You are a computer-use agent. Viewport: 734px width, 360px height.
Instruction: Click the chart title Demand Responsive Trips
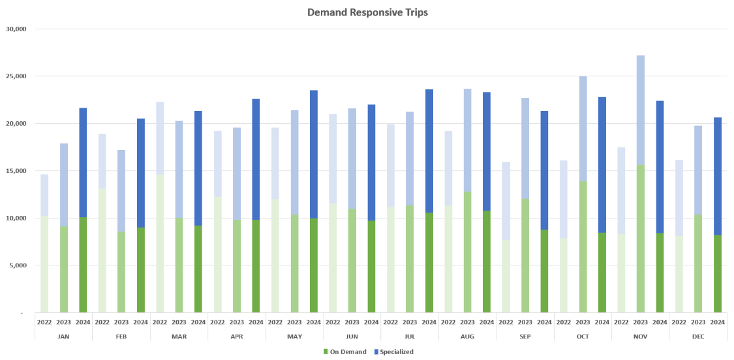click(367, 12)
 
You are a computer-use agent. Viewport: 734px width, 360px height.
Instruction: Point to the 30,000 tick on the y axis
click(14, 29)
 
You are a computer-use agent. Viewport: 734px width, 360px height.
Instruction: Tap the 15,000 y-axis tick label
click(14, 171)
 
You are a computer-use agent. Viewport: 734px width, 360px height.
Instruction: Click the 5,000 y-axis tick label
click(16, 265)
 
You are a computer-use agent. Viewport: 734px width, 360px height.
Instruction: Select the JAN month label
click(63, 337)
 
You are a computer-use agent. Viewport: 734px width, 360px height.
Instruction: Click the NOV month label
click(641, 337)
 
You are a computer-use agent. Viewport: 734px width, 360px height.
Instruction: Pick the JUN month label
click(352, 337)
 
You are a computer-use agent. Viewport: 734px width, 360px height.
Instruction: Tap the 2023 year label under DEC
click(698, 323)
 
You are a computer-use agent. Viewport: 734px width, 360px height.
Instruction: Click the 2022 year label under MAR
click(160, 323)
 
